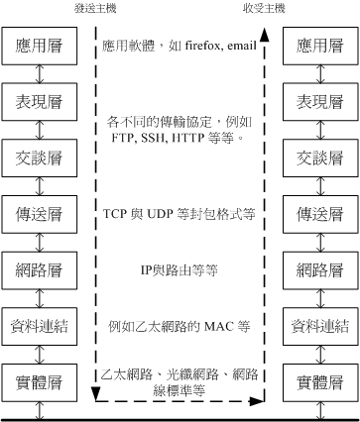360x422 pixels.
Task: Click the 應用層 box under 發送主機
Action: click(37, 46)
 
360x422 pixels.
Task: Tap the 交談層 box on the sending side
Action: click(37, 158)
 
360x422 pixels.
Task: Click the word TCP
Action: click(117, 214)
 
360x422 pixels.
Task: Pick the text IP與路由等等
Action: click(179, 268)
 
